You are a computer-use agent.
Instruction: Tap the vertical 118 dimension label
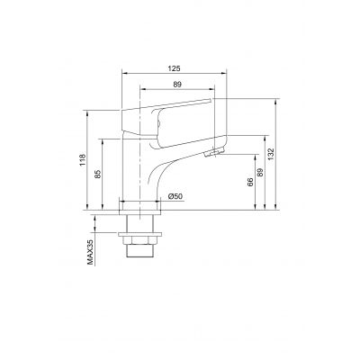[x=83, y=162]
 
